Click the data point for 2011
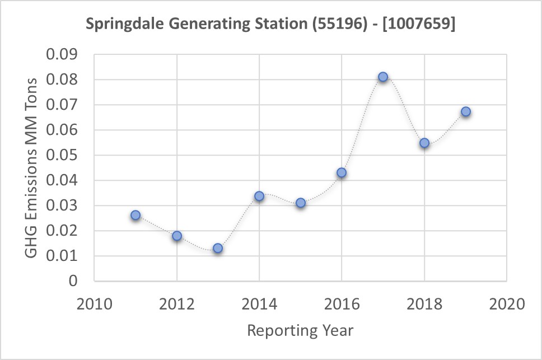pyautogui.click(x=135, y=215)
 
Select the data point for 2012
pyautogui.click(x=177, y=236)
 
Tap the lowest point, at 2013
pyautogui.click(x=218, y=248)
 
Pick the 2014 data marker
pyautogui.click(x=259, y=196)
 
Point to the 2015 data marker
pyautogui.click(x=301, y=203)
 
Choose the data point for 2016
pyautogui.click(x=342, y=172)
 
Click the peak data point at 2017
pyautogui.click(x=383, y=77)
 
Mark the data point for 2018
pyautogui.click(x=424, y=143)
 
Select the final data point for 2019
pyautogui.click(x=465, y=112)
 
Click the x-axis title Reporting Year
pyautogui.click(x=300, y=330)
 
